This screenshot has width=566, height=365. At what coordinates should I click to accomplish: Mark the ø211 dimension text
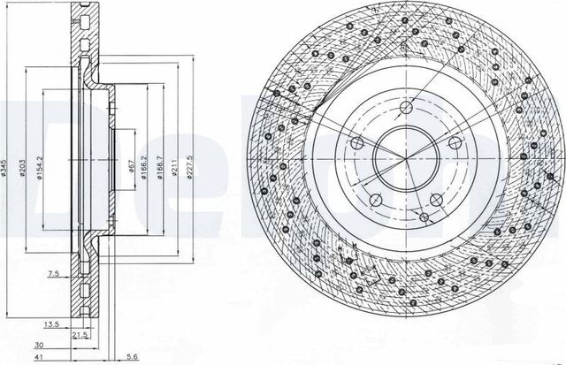pyautogui.click(x=176, y=165)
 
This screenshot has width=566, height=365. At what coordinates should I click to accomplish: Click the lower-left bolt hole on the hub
pyautogui.click(x=376, y=199)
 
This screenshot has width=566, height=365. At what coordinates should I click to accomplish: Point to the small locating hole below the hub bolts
pyautogui.click(x=424, y=216)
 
